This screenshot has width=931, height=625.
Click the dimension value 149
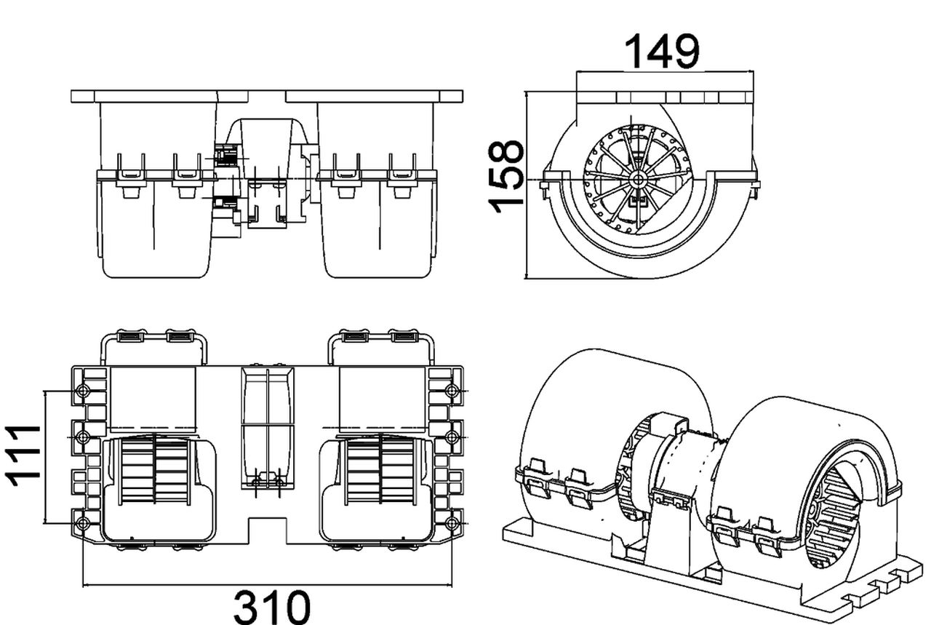pyautogui.click(x=661, y=52)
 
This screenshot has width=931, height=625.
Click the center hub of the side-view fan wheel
pyautogui.click(x=638, y=178)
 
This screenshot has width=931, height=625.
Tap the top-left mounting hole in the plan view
pyautogui.click(x=83, y=392)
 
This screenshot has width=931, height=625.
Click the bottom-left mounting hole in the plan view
pyautogui.click(x=83, y=523)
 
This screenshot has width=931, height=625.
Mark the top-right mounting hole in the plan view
pyautogui.click(x=452, y=392)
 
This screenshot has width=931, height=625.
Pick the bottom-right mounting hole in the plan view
pyautogui.click(x=452, y=523)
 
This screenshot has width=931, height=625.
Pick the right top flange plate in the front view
pyautogui.click(x=374, y=96)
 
